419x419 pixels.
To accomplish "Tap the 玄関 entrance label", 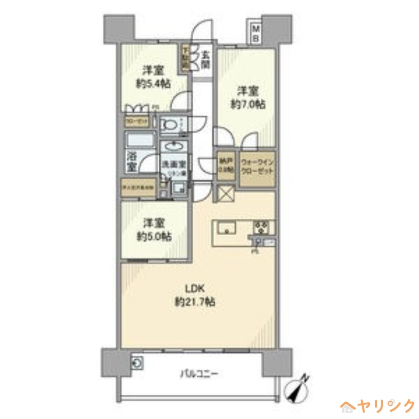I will [205, 59].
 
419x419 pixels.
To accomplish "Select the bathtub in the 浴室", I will [140, 140].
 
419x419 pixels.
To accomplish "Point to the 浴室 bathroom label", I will [131, 161].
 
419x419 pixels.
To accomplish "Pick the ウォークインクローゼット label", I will [257, 168].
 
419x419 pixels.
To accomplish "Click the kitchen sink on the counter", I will [227, 228].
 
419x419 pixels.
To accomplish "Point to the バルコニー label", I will [199, 374].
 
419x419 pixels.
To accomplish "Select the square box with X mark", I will [224, 194].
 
